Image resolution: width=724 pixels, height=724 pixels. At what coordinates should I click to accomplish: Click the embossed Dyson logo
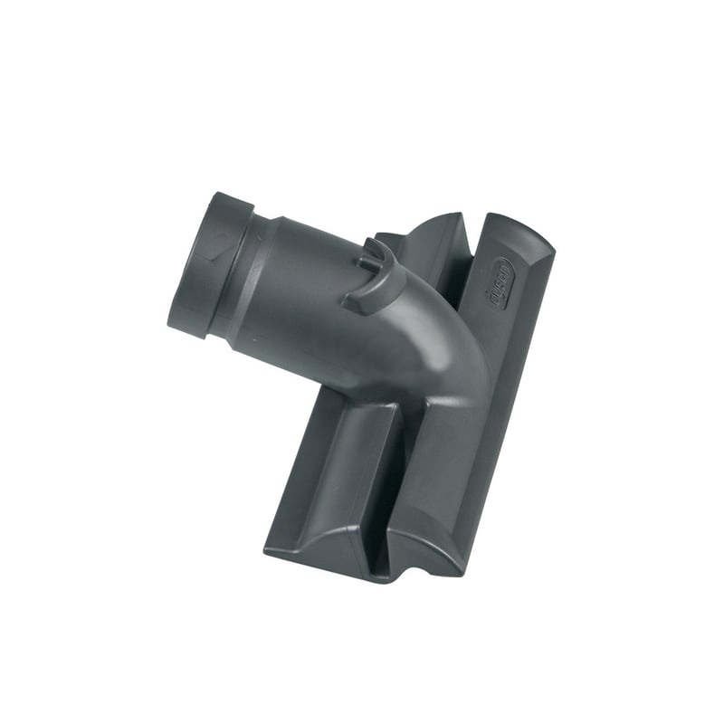[500, 282]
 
